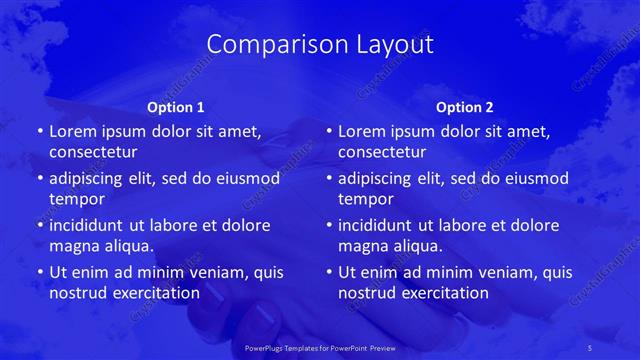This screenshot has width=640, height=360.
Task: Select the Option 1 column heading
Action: (175, 106)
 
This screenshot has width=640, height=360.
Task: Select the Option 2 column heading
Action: (465, 106)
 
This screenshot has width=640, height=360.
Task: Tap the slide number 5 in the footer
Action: (619, 346)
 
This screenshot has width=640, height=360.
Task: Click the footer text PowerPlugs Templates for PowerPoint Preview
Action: (319, 346)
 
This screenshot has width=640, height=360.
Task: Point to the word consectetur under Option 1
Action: (93, 152)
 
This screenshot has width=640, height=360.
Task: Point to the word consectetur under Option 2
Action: (382, 152)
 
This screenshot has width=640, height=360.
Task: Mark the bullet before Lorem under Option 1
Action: (40, 131)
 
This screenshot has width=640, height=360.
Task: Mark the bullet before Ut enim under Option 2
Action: (329, 272)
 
